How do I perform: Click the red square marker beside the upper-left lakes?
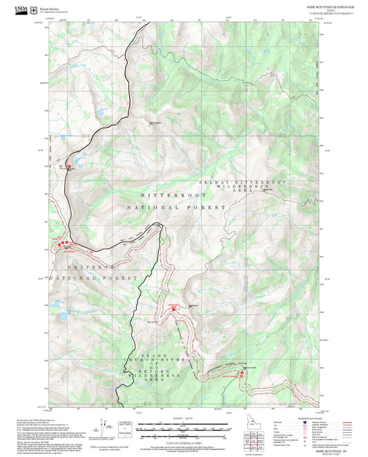pyautogui.click(x=68, y=166)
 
